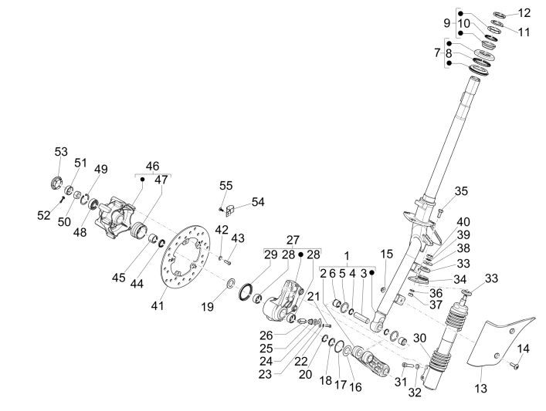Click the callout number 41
[x=158, y=307]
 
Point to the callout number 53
[x=61, y=152]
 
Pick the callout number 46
[x=152, y=165]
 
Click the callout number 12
[x=524, y=12]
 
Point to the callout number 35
[x=461, y=191]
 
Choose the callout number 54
[x=257, y=201]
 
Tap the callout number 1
[x=347, y=255]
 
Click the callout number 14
[x=522, y=349]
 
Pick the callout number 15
[x=387, y=254]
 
